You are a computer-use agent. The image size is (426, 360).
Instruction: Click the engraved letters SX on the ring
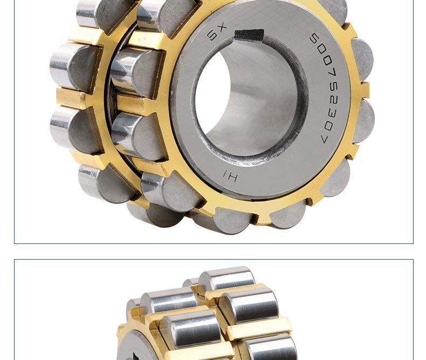217,32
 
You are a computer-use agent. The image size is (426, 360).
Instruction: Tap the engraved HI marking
230,176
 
